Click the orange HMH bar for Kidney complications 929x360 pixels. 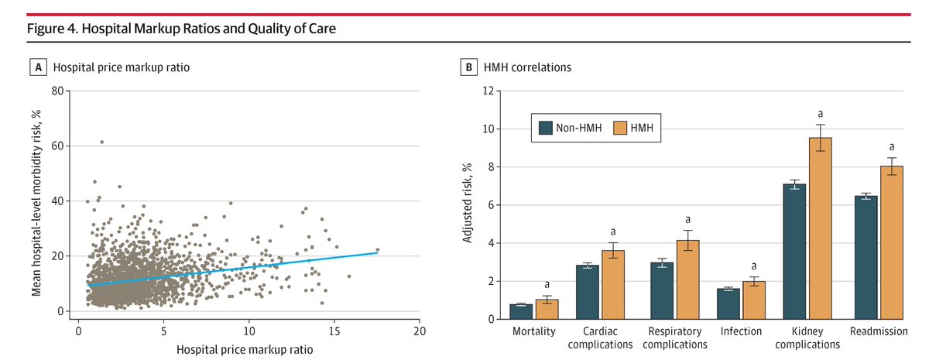tap(821, 228)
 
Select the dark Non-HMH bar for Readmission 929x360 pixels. tap(866, 258)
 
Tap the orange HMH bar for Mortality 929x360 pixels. tap(547, 310)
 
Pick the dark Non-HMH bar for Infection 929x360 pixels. tap(728, 304)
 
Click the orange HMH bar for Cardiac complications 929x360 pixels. tap(613, 285)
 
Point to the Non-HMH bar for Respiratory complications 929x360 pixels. tap(662, 291)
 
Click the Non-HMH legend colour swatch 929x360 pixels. tap(545, 128)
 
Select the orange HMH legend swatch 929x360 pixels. tap(619, 128)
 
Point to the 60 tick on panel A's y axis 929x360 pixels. tap(57, 146)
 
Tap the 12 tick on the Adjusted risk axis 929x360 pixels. tap(488, 91)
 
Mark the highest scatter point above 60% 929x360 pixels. tap(102, 142)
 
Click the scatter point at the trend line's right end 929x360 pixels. tap(378, 249)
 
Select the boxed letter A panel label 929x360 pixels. tap(38, 67)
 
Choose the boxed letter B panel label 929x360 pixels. tap(468, 67)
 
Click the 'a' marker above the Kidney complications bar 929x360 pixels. tap(820, 114)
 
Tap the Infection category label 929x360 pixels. tap(741, 331)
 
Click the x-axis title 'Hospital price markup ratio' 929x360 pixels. tap(245, 350)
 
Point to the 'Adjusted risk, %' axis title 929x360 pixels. tap(468, 203)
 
